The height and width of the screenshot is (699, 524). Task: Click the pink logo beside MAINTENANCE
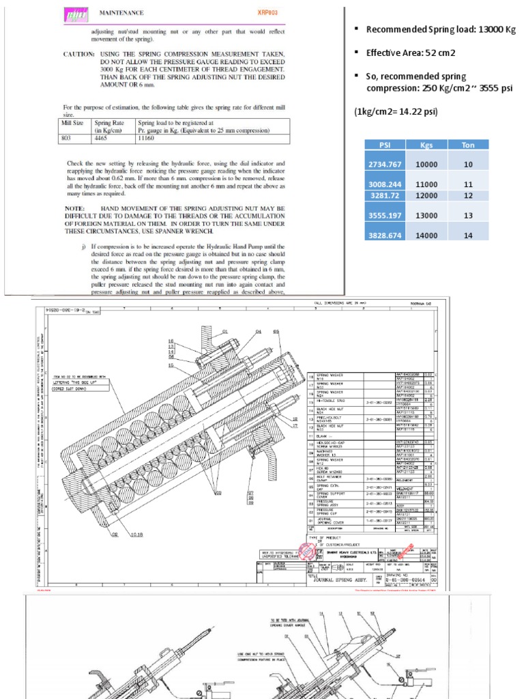tap(72, 14)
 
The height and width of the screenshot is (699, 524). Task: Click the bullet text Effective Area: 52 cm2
tap(411, 52)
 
